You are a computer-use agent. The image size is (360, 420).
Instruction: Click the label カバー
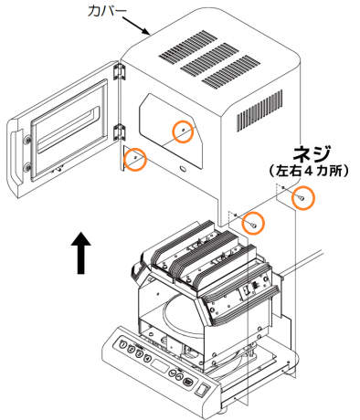coord(107,11)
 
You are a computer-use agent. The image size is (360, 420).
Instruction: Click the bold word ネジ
coord(311,153)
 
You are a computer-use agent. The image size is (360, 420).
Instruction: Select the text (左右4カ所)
coord(309,172)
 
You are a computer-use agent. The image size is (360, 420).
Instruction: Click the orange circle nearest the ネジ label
coord(302,198)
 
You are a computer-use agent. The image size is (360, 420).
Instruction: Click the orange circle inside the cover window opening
coord(183,131)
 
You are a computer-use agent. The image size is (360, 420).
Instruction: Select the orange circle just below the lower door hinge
coord(135,158)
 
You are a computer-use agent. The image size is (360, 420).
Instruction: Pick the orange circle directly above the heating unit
coord(253,223)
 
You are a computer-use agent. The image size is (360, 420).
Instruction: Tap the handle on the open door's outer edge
coord(15,158)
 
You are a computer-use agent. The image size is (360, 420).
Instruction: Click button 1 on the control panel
coord(123,345)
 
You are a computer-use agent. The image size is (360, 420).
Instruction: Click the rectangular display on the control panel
coord(160,366)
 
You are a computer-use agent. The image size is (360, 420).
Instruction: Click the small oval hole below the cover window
coord(184,169)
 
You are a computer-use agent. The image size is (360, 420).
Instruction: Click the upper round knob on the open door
coord(27,140)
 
